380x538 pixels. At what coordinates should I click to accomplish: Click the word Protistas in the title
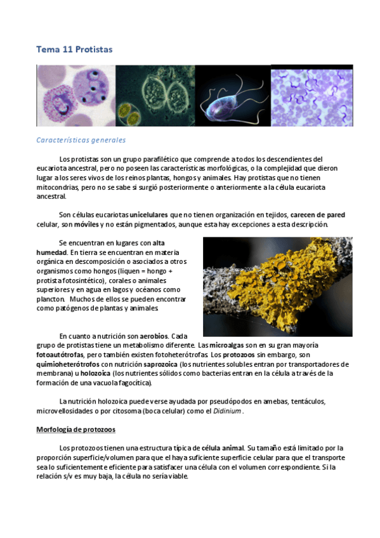(94, 49)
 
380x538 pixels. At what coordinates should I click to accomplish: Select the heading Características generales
(81, 140)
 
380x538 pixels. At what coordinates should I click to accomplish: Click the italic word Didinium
(226, 410)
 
